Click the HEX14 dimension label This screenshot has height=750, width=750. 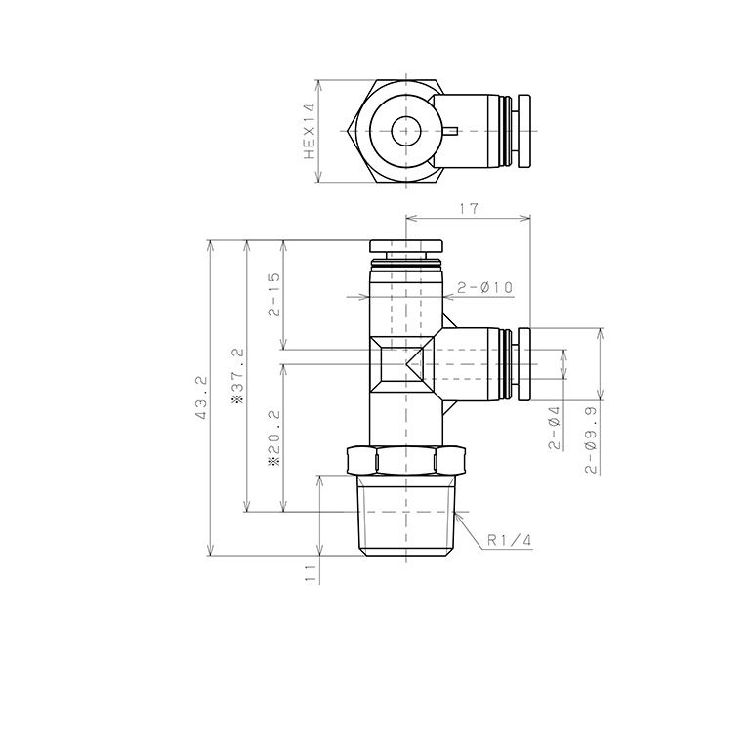point(310,132)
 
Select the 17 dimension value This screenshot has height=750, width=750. point(468,207)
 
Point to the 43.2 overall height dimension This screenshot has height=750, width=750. point(202,397)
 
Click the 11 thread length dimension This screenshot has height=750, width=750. point(311,573)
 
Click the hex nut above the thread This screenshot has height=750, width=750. point(404,459)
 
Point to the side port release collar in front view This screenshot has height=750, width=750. point(523,364)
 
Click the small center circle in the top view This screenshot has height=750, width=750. point(404,130)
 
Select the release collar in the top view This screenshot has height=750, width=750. point(524,130)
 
